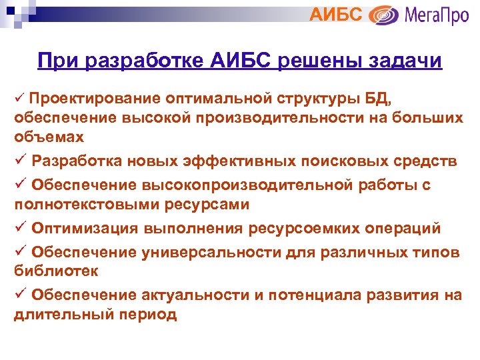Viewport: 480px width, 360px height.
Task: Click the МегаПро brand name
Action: point(435,15)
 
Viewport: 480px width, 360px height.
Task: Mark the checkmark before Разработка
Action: point(19,161)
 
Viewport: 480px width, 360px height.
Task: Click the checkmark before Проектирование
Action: point(19,99)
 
